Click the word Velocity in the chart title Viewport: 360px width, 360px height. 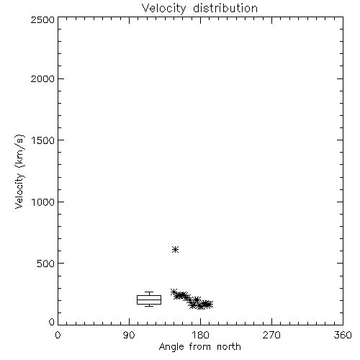tap(163, 9)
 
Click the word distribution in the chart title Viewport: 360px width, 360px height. tap(225, 8)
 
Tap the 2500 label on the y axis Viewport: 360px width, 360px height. tap(42, 19)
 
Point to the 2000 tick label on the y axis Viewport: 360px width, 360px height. tap(42, 78)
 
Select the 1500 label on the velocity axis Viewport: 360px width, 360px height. tap(43, 140)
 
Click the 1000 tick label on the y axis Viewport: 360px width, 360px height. tap(43, 202)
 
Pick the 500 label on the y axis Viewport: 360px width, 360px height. tap(46, 264)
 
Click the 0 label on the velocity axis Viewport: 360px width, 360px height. tap(52, 322)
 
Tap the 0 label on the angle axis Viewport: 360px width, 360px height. tap(58, 335)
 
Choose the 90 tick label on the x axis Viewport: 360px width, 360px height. tap(129, 335)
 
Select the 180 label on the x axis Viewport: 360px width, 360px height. tap(200, 335)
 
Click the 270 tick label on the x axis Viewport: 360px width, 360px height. tap(271, 335)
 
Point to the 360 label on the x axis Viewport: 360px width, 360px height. tap(343, 335)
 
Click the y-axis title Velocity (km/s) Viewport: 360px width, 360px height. tap(19, 171)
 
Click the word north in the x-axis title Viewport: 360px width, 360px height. tap(229, 346)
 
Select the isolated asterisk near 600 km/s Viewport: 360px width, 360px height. tap(176, 249)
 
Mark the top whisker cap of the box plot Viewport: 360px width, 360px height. tap(149, 292)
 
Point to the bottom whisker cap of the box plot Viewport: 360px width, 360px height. tap(149, 306)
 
